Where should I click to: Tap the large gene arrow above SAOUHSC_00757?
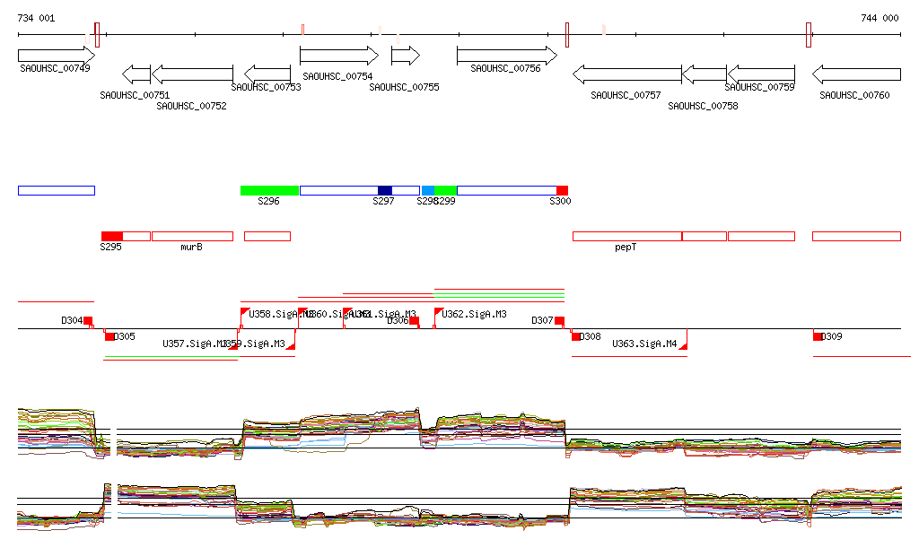click(x=626, y=74)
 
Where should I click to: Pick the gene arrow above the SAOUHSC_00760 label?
click(x=856, y=74)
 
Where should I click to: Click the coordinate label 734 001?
click(x=36, y=18)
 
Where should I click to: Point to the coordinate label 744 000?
click(x=880, y=18)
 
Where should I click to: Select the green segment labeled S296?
click(x=269, y=190)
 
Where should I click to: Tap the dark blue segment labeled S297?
click(x=385, y=190)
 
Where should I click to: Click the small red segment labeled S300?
click(x=562, y=190)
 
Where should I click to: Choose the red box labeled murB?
click(x=192, y=236)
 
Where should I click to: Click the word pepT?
click(x=626, y=247)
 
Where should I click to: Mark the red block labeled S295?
click(x=111, y=236)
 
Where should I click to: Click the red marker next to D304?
click(x=88, y=321)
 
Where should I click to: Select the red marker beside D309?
click(x=818, y=336)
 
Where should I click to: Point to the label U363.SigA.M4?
click(x=644, y=344)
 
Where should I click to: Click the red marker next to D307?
click(x=559, y=321)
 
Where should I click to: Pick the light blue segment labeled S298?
click(x=428, y=190)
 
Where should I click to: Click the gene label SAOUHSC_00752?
click(x=191, y=106)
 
